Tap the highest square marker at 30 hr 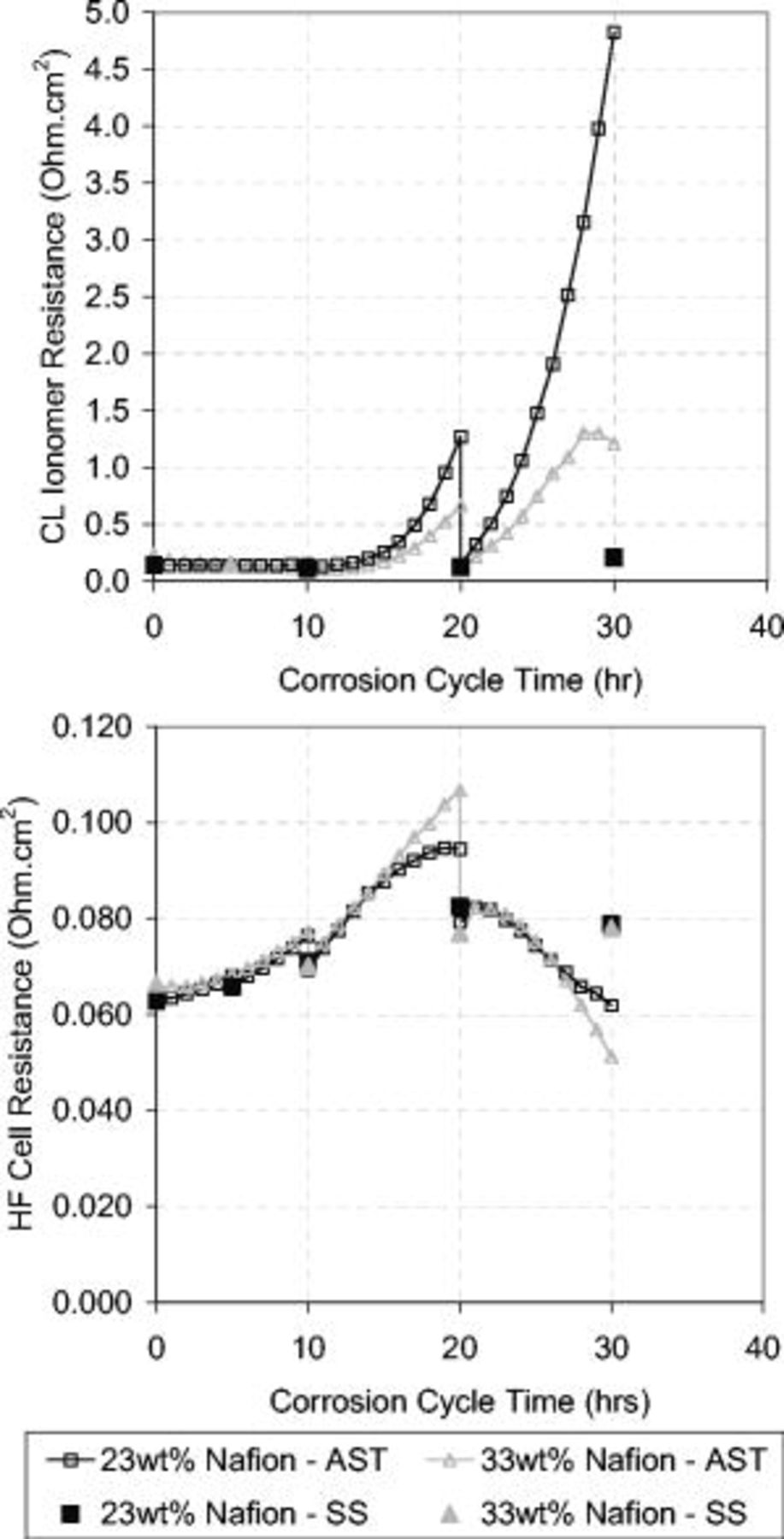click(x=613, y=32)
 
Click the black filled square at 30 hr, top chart click(x=613, y=557)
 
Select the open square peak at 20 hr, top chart click(x=461, y=437)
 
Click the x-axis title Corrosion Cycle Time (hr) click(x=460, y=680)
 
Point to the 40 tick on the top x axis click(x=766, y=626)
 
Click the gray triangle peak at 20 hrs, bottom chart click(x=460, y=790)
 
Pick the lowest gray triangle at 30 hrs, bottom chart click(x=611, y=1058)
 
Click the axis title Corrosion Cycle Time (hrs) click(x=460, y=1401)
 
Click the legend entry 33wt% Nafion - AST click(x=611, y=1459)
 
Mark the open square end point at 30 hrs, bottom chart click(x=611, y=1005)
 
